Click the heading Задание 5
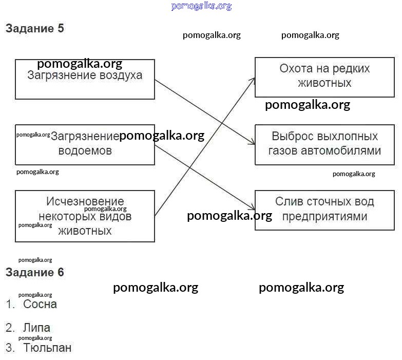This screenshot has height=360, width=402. (x=35, y=29)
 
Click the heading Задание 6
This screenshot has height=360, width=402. (x=35, y=273)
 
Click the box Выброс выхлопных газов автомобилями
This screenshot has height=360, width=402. (x=324, y=144)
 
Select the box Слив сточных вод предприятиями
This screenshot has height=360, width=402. (x=324, y=209)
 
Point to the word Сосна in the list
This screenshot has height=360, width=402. (x=40, y=304)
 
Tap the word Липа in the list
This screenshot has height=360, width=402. (x=36, y=328)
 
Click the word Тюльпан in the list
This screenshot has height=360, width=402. (x=47, y=348)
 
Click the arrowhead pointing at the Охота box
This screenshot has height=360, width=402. (x=253, y=80)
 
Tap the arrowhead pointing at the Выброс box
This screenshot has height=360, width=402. (x=252, y=143)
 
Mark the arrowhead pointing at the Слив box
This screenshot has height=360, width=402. (x=252, y=208)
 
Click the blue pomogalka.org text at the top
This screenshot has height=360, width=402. (x=201, y=6)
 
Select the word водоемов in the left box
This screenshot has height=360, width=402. (x=85, y=151)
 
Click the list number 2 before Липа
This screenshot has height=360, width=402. (x=9, y=328)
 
